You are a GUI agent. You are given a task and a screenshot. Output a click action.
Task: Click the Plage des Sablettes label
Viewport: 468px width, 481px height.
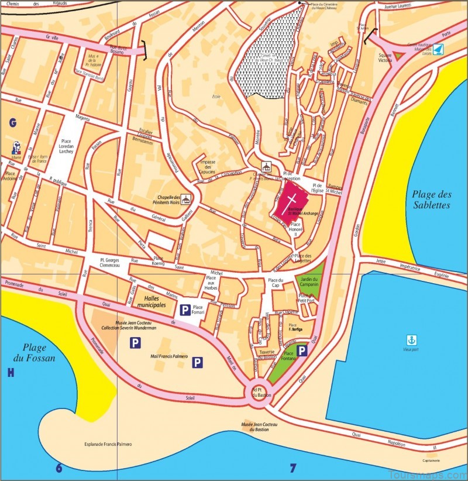coord(431,200)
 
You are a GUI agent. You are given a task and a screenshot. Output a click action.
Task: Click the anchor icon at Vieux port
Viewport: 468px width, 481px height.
coord(411,339)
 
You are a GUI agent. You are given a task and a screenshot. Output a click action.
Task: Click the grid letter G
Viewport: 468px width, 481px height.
coord(11,122)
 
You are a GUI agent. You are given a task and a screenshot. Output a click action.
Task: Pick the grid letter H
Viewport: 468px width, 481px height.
coord(10,373)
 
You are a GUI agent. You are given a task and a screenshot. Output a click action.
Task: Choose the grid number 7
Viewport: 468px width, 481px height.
coord(293,468)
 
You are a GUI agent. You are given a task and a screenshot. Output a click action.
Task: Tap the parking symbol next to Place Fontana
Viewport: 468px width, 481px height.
coord(302,351)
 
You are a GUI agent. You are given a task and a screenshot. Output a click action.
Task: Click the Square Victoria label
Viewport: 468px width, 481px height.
coord(385,57)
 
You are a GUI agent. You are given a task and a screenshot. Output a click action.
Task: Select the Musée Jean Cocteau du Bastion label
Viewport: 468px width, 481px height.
coord(259,425)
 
